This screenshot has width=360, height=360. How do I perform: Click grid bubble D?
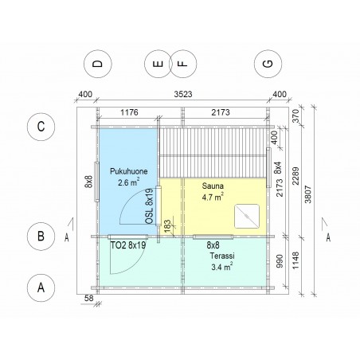coord(98,64)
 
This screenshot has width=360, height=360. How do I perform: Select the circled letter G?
coord(268,64)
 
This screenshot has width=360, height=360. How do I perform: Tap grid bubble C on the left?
coord(41,127)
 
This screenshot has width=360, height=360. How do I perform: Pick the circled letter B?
coord(41,236)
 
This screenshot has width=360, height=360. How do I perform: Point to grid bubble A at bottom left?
coord(41,288)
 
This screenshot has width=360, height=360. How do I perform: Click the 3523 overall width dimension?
coord(183,94)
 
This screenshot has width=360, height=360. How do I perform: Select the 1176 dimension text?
coord(129,112)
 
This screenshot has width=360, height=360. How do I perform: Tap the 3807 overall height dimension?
coord(308,194)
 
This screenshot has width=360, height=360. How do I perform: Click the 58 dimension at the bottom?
coord(89,298)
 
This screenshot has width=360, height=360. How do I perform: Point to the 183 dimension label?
coord(167,226)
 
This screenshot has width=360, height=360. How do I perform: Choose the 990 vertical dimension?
coord(280,261)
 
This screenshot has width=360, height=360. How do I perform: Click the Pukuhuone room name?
coord(129,171)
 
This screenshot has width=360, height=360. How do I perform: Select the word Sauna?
coord(213,186)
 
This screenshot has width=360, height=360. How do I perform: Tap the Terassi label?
coord(222,256)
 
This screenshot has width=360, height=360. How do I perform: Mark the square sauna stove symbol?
coord(247,216)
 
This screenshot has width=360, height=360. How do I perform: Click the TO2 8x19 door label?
coord(128,245)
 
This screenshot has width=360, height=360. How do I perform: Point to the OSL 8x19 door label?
coord(150,206)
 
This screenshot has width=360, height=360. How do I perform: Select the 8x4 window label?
coord(278,167)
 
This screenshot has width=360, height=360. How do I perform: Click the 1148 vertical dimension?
coord(295,260)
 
